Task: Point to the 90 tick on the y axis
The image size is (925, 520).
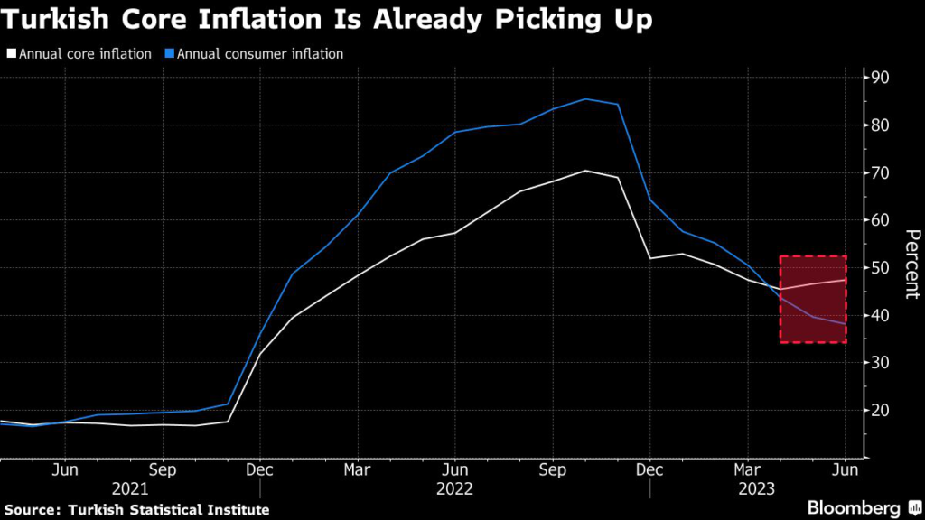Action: (879, 78)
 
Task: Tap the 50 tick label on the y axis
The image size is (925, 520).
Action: (879, 268)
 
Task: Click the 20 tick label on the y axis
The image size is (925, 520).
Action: (879, 411)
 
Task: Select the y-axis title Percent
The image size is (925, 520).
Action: (912, 264)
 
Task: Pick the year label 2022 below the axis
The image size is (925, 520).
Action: (454, 488)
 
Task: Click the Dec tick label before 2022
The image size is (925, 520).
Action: (259, 469)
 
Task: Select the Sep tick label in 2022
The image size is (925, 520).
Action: (552, 469)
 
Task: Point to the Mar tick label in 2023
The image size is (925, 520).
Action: (747, 469)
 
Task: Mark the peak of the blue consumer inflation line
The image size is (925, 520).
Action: (585, 99)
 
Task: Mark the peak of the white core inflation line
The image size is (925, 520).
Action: (585, 171)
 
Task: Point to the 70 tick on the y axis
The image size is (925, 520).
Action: (879, 172)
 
